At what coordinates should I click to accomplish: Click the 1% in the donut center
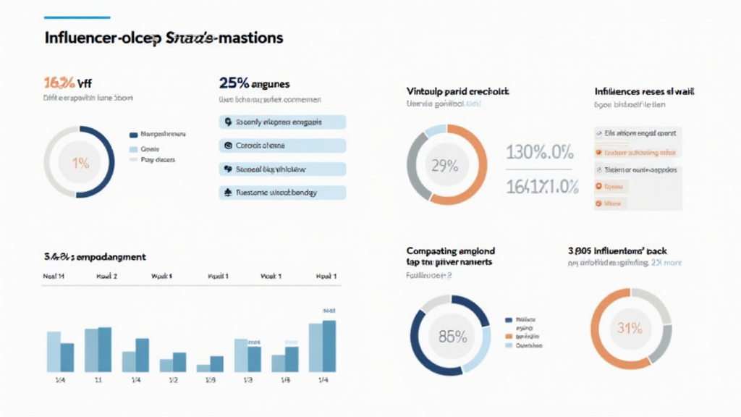[80, 164]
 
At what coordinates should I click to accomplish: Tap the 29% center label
[444, 166]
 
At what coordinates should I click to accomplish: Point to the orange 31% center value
[630, 328]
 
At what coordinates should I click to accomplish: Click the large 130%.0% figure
[540, 153]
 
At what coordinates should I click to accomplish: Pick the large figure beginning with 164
[541, 186]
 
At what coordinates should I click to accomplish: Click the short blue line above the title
[77, 17]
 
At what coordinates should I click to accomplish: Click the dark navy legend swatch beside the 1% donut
[133, 135]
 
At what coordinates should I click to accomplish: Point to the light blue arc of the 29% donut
[436, 130]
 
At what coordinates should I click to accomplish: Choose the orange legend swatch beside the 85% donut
[508, 337]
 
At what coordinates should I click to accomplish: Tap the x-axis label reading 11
[97, 381]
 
